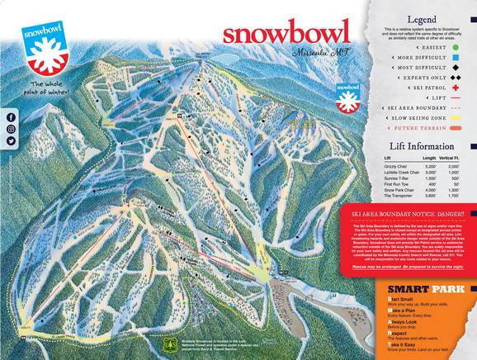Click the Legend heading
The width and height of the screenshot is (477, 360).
point(422,17)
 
